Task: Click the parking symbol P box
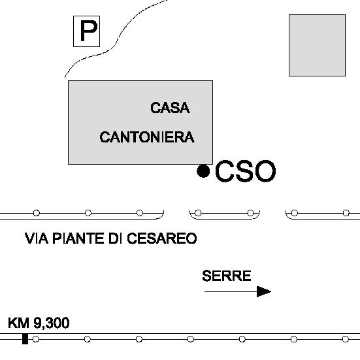click(86, 31)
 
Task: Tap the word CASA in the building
click(170, 108)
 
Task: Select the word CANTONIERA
click(147, 137)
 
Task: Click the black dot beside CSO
click(203, 171)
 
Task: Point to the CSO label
click(246, 171)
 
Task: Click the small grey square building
click(317, 45)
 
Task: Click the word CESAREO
click(162, 238)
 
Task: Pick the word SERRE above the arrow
click(226, 276)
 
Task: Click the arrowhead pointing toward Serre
click(264, 291)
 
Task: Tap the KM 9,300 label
click(39, 323)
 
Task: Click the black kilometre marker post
click(25, 339)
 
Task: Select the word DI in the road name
click(115, 238)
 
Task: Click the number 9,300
click(52, 323)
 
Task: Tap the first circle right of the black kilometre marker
click(35, 339)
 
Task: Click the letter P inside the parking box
click(89, 31)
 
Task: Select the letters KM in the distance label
click(18, 323)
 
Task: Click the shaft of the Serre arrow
click(231, 291)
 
